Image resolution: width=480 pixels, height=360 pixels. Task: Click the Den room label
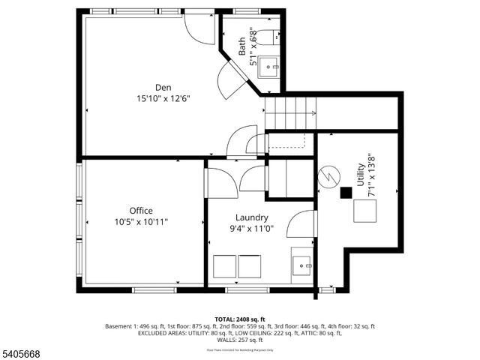tap(163, 87)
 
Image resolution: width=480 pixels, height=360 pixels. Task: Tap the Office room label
tap(141, 211)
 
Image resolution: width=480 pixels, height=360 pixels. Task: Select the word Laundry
tap(251, 218)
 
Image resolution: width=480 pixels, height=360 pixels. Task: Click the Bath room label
tap(242, 47)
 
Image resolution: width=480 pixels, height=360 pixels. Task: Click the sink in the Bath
tap(269, 67)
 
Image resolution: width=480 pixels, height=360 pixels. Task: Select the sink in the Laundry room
tap(304, 265)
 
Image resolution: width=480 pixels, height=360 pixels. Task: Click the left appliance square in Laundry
tap(225, 266)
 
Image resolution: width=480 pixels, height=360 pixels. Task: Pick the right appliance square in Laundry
tap(250, 266)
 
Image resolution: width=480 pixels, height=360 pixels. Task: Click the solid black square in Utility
tap(346, 193)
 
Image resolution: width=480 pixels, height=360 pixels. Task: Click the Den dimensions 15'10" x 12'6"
tap(163, 98)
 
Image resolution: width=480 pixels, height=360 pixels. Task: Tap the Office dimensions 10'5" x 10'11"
tap(141, 222)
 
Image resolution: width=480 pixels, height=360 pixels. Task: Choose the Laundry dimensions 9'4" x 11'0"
tap(251, 229)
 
